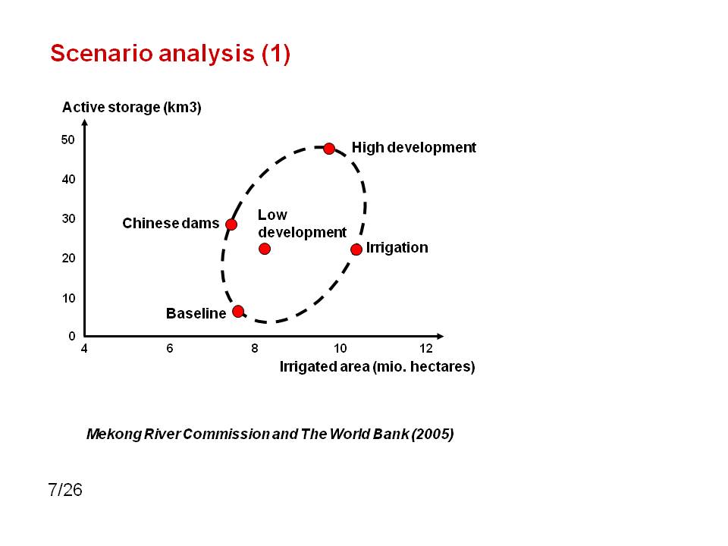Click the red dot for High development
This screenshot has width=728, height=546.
[x=328, y=149]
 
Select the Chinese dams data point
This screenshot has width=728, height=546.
[x=231, y=224]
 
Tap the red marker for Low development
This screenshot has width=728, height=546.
[x=265, y=249]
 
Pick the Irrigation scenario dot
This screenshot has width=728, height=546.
[x=356, y=249]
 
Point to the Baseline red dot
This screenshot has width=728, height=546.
[x=238, y=311]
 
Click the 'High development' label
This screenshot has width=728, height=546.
[x=414, y=148]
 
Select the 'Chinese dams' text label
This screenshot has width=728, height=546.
[x=171, y=223]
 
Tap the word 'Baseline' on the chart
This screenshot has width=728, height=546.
[x=196, y=313]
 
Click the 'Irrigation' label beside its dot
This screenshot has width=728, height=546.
[x=397, y=247]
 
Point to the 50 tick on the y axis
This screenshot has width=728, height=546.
[x=67, y=140]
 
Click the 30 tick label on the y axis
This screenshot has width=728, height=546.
[x=68, y=218]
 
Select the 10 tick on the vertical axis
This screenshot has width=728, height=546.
[x=68, y=298]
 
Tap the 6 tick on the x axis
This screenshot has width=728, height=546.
[x=169, y=348]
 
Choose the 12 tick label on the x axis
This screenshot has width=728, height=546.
[x=425, y=348]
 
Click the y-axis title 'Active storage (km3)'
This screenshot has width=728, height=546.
[x=132, y=108]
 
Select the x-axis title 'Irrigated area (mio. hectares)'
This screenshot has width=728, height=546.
[x=377, y=367]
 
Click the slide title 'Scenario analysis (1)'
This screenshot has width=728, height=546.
[x=171, y=53]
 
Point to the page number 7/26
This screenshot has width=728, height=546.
[x=65, y=490]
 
